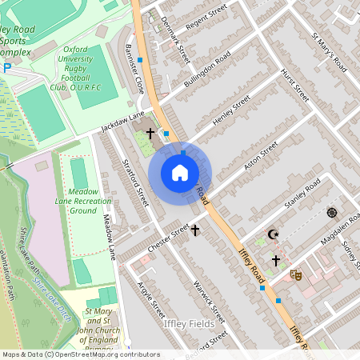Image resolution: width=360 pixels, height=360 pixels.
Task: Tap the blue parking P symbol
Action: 7,68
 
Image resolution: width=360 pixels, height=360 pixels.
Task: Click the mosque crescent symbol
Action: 274,234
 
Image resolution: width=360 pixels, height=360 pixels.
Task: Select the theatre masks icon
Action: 296,274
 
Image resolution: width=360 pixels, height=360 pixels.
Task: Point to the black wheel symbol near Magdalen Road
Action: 331,213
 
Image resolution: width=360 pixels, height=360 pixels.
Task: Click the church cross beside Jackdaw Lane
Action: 150,131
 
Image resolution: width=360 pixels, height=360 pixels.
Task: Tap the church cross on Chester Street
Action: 194,230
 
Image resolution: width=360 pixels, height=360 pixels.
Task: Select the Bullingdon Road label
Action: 207,72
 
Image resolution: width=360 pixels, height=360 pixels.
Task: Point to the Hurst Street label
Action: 294,85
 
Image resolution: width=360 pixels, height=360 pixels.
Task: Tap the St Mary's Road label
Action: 329,50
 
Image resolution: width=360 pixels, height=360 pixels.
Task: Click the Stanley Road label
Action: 302,194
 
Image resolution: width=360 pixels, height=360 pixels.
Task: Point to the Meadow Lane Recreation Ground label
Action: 78,201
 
